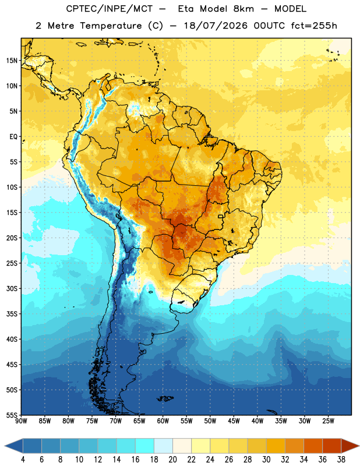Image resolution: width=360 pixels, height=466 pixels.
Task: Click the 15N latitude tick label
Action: [x=12, y=61]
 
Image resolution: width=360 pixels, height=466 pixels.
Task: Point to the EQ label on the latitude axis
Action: [x=13, y=137]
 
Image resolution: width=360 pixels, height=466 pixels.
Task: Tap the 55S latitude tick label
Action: [x=12, y=415]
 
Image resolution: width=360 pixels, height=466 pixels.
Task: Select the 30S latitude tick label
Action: [x=12, y=288]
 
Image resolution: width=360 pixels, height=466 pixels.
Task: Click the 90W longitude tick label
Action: [x=21, y=421]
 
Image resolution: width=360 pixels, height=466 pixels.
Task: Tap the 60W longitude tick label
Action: [x=163, y=421]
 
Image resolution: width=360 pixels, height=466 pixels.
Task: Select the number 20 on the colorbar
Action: [x=172, y=460]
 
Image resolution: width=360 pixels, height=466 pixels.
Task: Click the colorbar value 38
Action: [x=341, y=460]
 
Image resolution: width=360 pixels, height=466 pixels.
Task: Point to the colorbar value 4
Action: [x=23, y=460]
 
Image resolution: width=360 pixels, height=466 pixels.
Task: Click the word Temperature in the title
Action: [x=111, y=26]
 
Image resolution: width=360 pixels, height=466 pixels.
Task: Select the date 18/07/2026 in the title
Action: [x=216, y=26]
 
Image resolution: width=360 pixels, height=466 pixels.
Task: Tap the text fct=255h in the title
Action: [x=314, y=26]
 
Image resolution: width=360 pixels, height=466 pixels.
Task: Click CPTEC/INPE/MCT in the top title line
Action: [x=110, y=9]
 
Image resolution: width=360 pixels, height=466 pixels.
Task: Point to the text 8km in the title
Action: [x=243, y=9]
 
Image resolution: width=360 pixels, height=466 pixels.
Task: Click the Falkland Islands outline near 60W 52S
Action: [x=165, y=398]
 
